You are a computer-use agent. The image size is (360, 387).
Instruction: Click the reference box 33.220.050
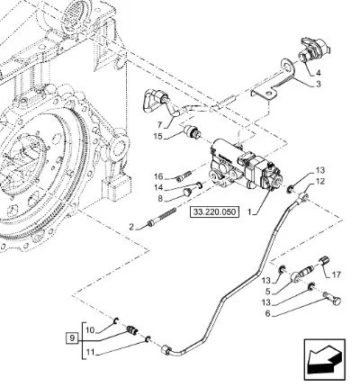(214, 211)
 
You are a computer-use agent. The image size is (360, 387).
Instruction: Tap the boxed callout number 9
(72, 338)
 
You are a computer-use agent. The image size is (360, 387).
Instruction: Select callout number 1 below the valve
(249, 212)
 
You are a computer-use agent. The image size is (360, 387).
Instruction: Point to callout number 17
(337, 274)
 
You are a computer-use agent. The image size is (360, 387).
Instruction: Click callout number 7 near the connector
(159, 124)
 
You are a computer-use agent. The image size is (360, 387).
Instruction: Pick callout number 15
(157, 137)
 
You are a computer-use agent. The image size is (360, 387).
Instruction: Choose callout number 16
(158, 175)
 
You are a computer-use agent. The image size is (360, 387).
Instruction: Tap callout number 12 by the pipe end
(320, 181)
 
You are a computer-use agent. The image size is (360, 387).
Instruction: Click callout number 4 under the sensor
(318, 73)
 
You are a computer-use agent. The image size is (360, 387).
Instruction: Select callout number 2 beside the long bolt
(131, 227)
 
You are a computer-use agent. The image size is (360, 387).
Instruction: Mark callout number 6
(267, 314)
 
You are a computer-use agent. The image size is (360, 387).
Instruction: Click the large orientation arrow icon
(325, 360)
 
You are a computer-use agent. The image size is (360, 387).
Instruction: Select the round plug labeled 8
(187, 192)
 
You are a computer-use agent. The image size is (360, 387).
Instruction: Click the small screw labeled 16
(184, 175)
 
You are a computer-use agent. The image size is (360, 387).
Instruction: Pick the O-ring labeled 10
(115, 322)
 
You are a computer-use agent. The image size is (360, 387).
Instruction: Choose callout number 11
(90, 352)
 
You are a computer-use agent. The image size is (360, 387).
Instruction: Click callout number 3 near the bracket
(319, 84)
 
